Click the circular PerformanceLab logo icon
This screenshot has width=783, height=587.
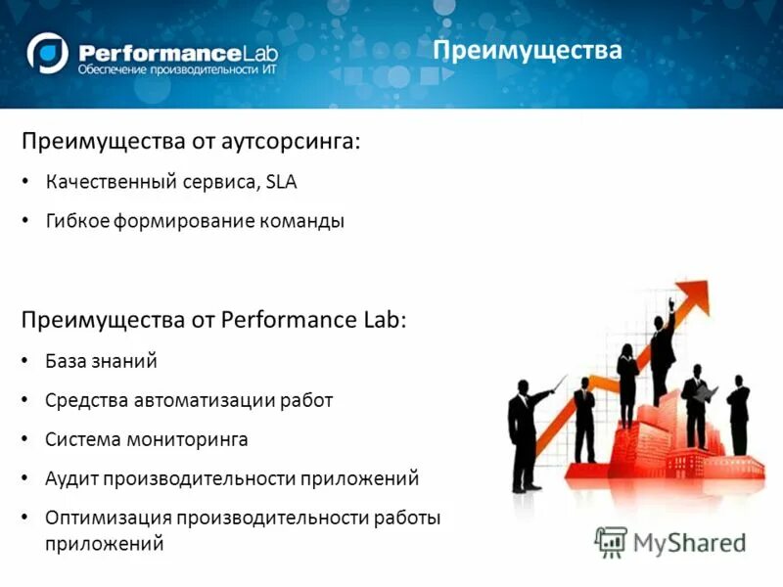(48, 53)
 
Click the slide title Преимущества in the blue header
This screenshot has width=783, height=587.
(528, 50)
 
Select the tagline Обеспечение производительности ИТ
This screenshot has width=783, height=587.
(168, 70)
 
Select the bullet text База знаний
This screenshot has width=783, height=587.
(101, 361)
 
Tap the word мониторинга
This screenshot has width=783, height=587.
(187, 439)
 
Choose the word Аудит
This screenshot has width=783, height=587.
(69, 478)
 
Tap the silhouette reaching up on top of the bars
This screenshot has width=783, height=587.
(664, 347)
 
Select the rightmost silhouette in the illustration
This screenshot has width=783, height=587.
(739, 416)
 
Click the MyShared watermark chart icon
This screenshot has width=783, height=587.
(611, 541)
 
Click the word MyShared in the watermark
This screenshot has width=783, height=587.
(689, 542)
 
